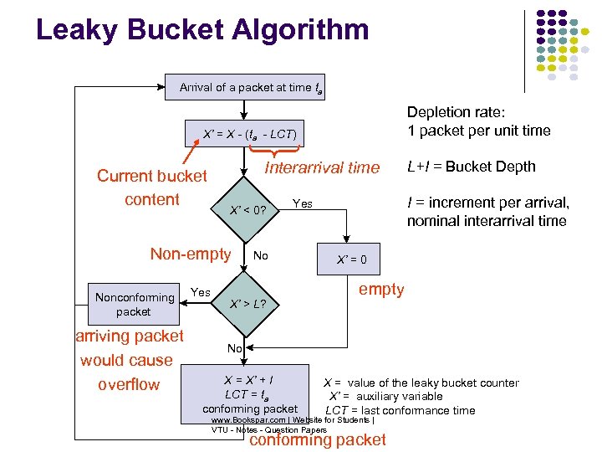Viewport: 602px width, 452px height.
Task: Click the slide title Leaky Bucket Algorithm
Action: point(202,31)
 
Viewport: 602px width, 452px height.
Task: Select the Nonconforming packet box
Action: point(134,304)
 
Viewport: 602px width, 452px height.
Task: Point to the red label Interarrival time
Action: point(322,167)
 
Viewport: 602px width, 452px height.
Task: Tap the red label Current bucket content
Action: point(151,187)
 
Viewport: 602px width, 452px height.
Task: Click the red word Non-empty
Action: point(190,254)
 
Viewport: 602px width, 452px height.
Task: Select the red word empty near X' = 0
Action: point(380,290)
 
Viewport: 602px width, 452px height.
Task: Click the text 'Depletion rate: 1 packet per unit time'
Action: point(478,121)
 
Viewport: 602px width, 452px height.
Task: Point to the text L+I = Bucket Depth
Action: point(471,167)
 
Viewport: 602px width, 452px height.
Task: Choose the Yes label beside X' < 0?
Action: point(302,203)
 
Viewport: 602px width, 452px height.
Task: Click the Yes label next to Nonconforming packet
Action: point(201,291)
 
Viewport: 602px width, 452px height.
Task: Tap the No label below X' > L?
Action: point(235,348)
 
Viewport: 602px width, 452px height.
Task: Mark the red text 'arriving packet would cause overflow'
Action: point(129,360)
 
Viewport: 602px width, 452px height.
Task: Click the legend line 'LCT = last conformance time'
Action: point(400,410)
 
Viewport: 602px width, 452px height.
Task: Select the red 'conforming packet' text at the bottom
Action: point(318,440)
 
